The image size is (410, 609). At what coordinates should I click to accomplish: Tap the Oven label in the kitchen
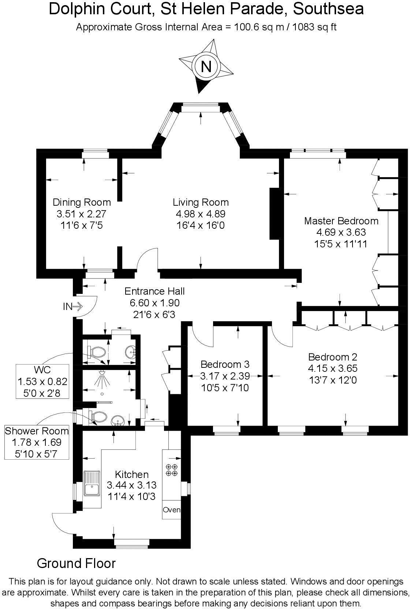pyautogui.click(x=171, y=509)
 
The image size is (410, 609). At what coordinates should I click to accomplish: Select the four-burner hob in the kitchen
pyautogui.click(x=172, y=470)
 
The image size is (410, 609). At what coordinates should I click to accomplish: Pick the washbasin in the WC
pyautogui.click(x=131, y=352)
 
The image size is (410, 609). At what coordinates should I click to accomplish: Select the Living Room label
pyautogui.click(x=201, y=202)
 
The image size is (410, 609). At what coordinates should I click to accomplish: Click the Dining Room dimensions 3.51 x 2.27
pyautogui.click(x=81, y=214)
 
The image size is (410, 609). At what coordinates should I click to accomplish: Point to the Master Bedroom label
pyautogui.click(x=341, y=221)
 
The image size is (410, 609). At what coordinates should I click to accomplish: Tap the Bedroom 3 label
pyautogui.click(x=225, y=364)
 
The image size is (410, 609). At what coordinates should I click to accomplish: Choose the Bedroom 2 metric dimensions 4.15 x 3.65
pyautogui.click(x=332, y=368)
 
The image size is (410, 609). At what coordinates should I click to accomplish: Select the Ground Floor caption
pyautogui.click(x=76, y=563)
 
